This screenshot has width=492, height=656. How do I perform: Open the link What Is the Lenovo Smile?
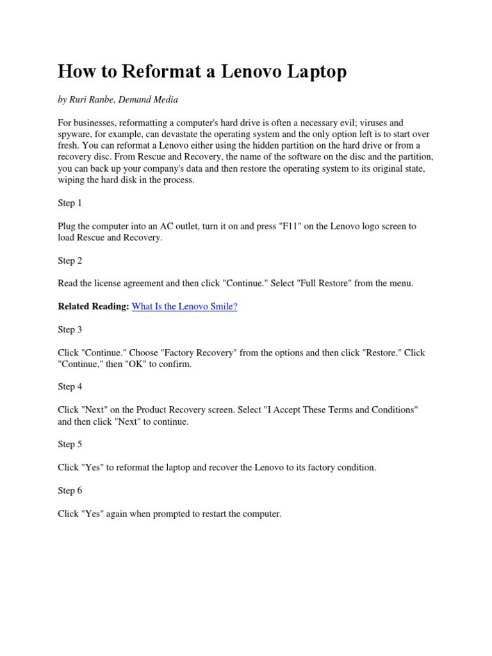(184, 307)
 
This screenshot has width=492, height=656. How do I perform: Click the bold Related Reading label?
(94, 307)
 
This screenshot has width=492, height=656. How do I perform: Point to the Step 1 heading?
(70, 203)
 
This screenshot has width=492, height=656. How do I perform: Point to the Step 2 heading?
(70, 261)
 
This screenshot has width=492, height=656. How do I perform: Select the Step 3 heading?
(70, 330)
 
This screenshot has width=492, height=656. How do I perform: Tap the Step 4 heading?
(70, 387)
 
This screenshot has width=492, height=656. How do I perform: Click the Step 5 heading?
(70, 445)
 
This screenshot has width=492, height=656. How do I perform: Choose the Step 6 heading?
(70, 491)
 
